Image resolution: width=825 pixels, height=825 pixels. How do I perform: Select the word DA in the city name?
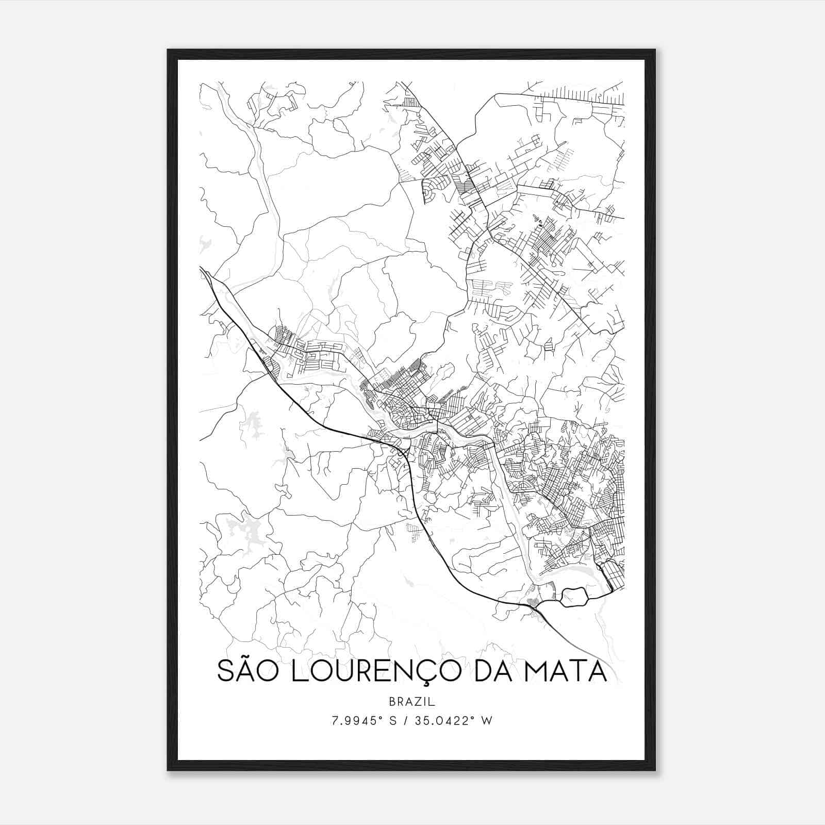[x=496, y=671]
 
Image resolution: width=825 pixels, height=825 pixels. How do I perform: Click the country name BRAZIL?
[x=412, y=702]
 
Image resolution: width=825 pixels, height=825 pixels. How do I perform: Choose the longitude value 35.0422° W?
[x=456, y=721]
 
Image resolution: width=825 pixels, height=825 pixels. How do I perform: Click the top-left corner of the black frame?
[x=168, y=50]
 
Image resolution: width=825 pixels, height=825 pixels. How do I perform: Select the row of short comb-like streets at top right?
[x=583, y=94]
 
